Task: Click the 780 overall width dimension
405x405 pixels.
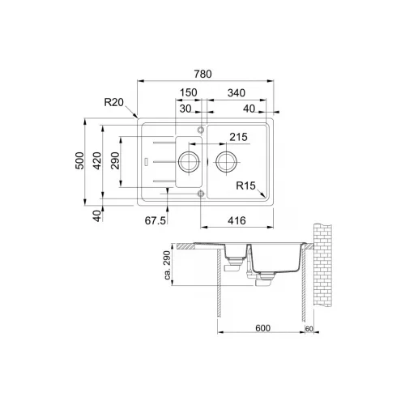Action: point(202,74)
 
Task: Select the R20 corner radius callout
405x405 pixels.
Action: point(113,102)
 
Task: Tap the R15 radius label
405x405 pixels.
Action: point(245,185)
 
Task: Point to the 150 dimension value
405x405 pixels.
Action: point(189,92)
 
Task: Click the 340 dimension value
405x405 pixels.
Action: point(237,93)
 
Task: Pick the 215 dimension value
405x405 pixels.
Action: point(238,137)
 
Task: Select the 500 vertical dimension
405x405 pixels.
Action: point(79,160)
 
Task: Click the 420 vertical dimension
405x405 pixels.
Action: point(97,160)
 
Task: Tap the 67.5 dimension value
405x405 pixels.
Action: point(156,221)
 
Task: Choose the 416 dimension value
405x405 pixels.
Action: point(237,221)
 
